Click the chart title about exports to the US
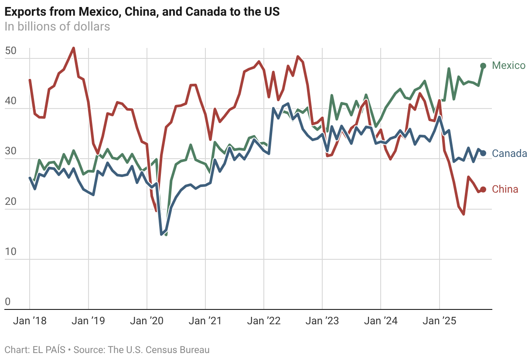142,12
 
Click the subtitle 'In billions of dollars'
57,27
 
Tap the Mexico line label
508,65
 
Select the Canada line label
509,153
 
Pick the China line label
505,189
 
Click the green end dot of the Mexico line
483,66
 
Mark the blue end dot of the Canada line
483,153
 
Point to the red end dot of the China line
483,190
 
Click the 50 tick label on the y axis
10,51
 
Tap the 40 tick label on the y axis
10,101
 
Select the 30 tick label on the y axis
10,152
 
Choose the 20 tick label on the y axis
10,202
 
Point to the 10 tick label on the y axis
10,252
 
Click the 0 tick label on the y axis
7,302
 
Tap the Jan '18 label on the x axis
30,321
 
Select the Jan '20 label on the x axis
147,321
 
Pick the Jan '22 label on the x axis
264,321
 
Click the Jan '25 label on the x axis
440,321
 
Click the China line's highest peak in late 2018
74,48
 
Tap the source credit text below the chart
107,350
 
